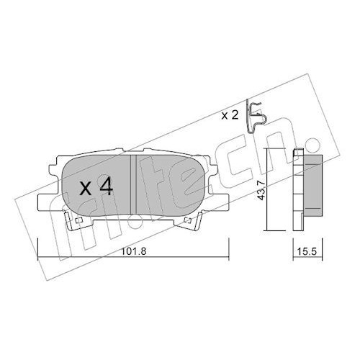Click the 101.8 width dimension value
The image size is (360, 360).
click(134, 251)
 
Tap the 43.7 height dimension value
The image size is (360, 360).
click(261, 190)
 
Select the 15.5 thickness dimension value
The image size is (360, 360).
click(307, 251)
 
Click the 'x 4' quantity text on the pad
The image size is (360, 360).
click(96, 188)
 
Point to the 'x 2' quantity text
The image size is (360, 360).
click(230, 116)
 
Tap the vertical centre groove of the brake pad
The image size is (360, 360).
click(133, 184)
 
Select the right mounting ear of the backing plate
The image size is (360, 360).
click(219, 203)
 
